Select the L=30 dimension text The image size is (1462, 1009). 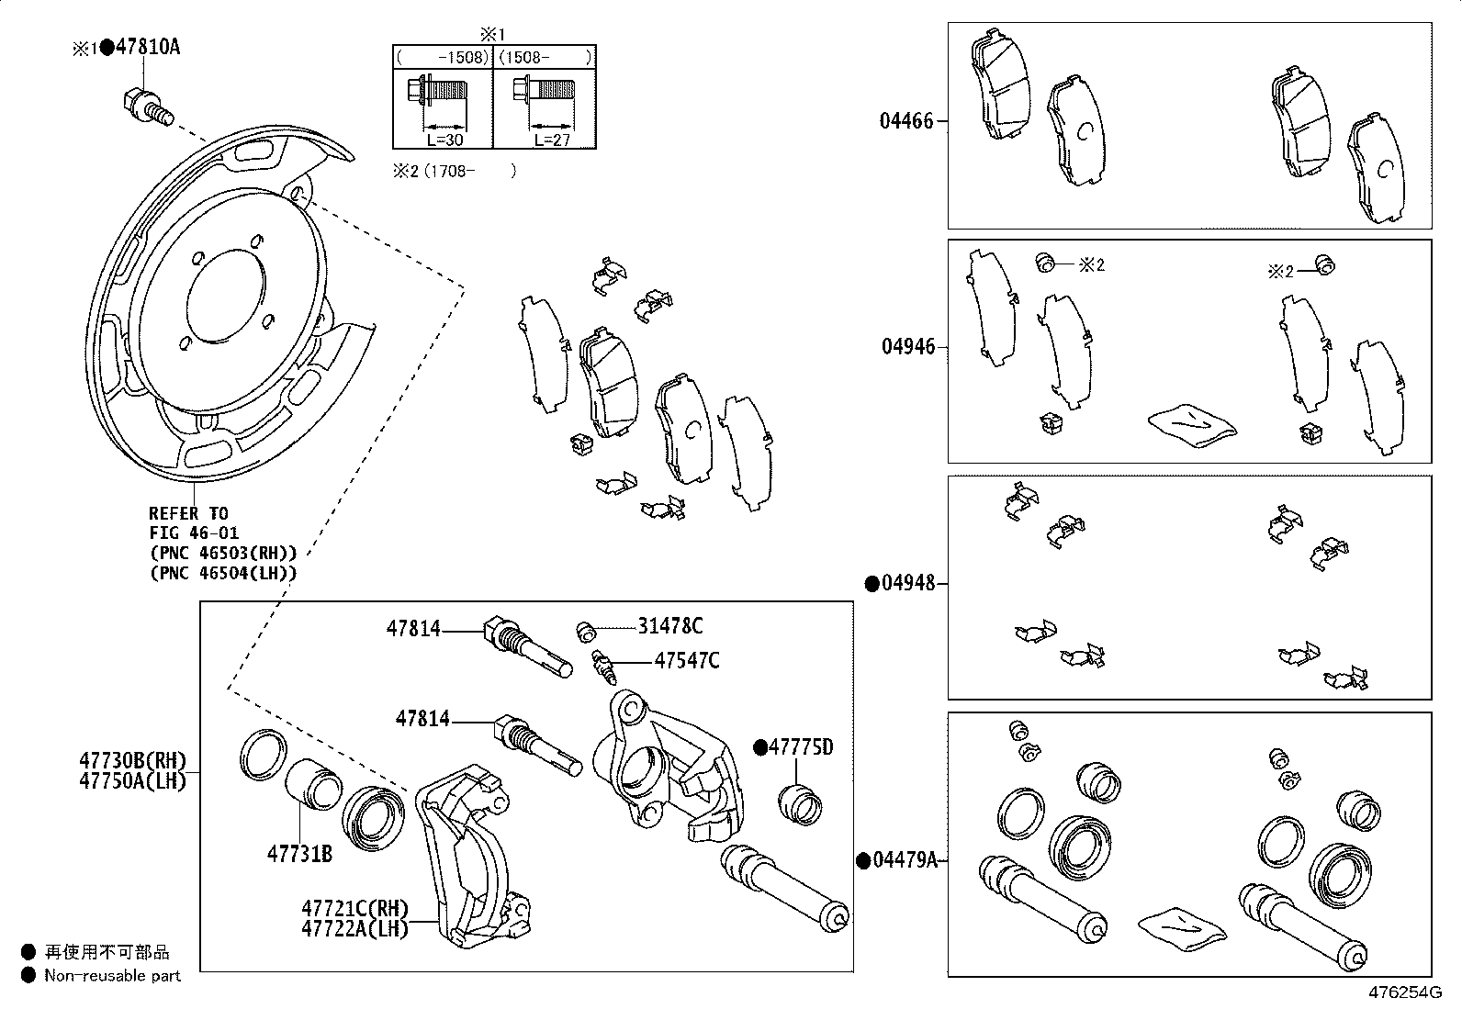pyautogui.click(x=444, y=140)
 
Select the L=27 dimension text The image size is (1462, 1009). pyautogui.click(x=552, y=140)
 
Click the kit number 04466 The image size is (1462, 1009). pyautogui.click(x=906, y=121)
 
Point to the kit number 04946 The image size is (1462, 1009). pyautogui.click(x=908, y=346)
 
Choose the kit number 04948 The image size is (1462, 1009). pyautogui.click(x=908, y=583)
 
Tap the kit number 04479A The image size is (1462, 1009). pyautogui.click(x=905, y=860)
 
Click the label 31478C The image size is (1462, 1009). pyautogui.click(x=670, y=626)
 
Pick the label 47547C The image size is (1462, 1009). pyautogui.click(x=687, y=660)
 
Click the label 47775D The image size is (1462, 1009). pyautogui.click(x=801, y=747)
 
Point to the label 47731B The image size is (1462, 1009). pyautogui.click(x=299, y=854)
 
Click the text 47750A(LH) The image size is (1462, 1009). pyautogui.click(x=132, y=780)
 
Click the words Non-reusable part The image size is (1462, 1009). pyautogui.click(x=112, y=976)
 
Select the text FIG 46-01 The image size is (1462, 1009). pyautogui.click(x=195, y=533)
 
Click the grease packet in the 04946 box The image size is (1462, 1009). pyautogui.click(x=1191, y=425)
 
